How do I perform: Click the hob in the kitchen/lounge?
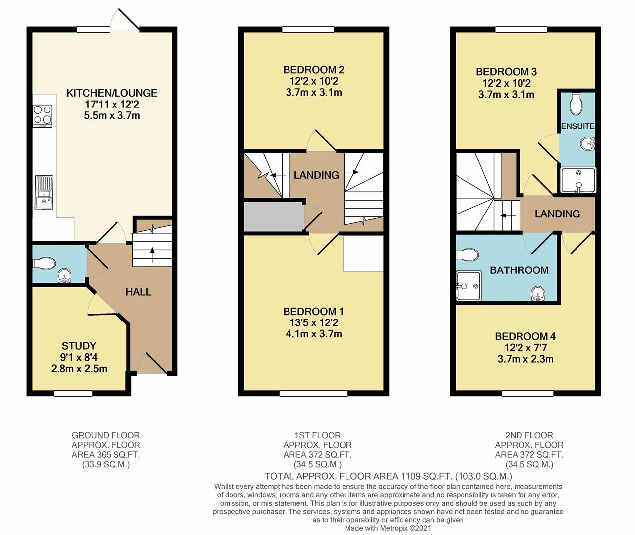[x=43, y=116]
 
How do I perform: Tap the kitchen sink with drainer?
[x=44, y=192]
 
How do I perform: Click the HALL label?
[x=138, y=292]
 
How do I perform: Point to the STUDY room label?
[x=79, y=346]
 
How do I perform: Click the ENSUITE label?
[x=577, y=126]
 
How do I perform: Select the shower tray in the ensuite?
[x=578, y=180]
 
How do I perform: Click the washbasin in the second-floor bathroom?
[x=538, y=294]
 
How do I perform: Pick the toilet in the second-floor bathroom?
[x=467, y=255]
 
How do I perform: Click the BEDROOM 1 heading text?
[x=314, y=311]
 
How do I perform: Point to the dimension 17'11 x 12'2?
[x=112, y=104]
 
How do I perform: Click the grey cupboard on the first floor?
[x=274, y=217]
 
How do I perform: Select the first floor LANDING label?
[x=316, y=175]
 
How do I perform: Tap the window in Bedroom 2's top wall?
[x=308, y=30]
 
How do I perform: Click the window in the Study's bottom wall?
[x=73, y=393]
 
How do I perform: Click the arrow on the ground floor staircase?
[x=152, y=255]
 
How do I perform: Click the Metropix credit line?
[x=388, y=528]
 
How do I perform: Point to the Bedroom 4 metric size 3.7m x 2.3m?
[x=525, y=359]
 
